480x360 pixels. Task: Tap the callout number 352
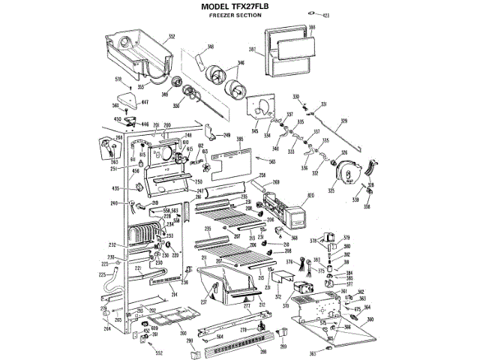(172, 36)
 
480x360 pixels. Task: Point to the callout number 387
(253, 51)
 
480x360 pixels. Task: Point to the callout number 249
(227, 135)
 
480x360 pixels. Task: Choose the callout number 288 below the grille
(242, 351)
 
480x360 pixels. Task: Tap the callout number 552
(159, 352)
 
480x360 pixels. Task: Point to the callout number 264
(106, 328)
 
